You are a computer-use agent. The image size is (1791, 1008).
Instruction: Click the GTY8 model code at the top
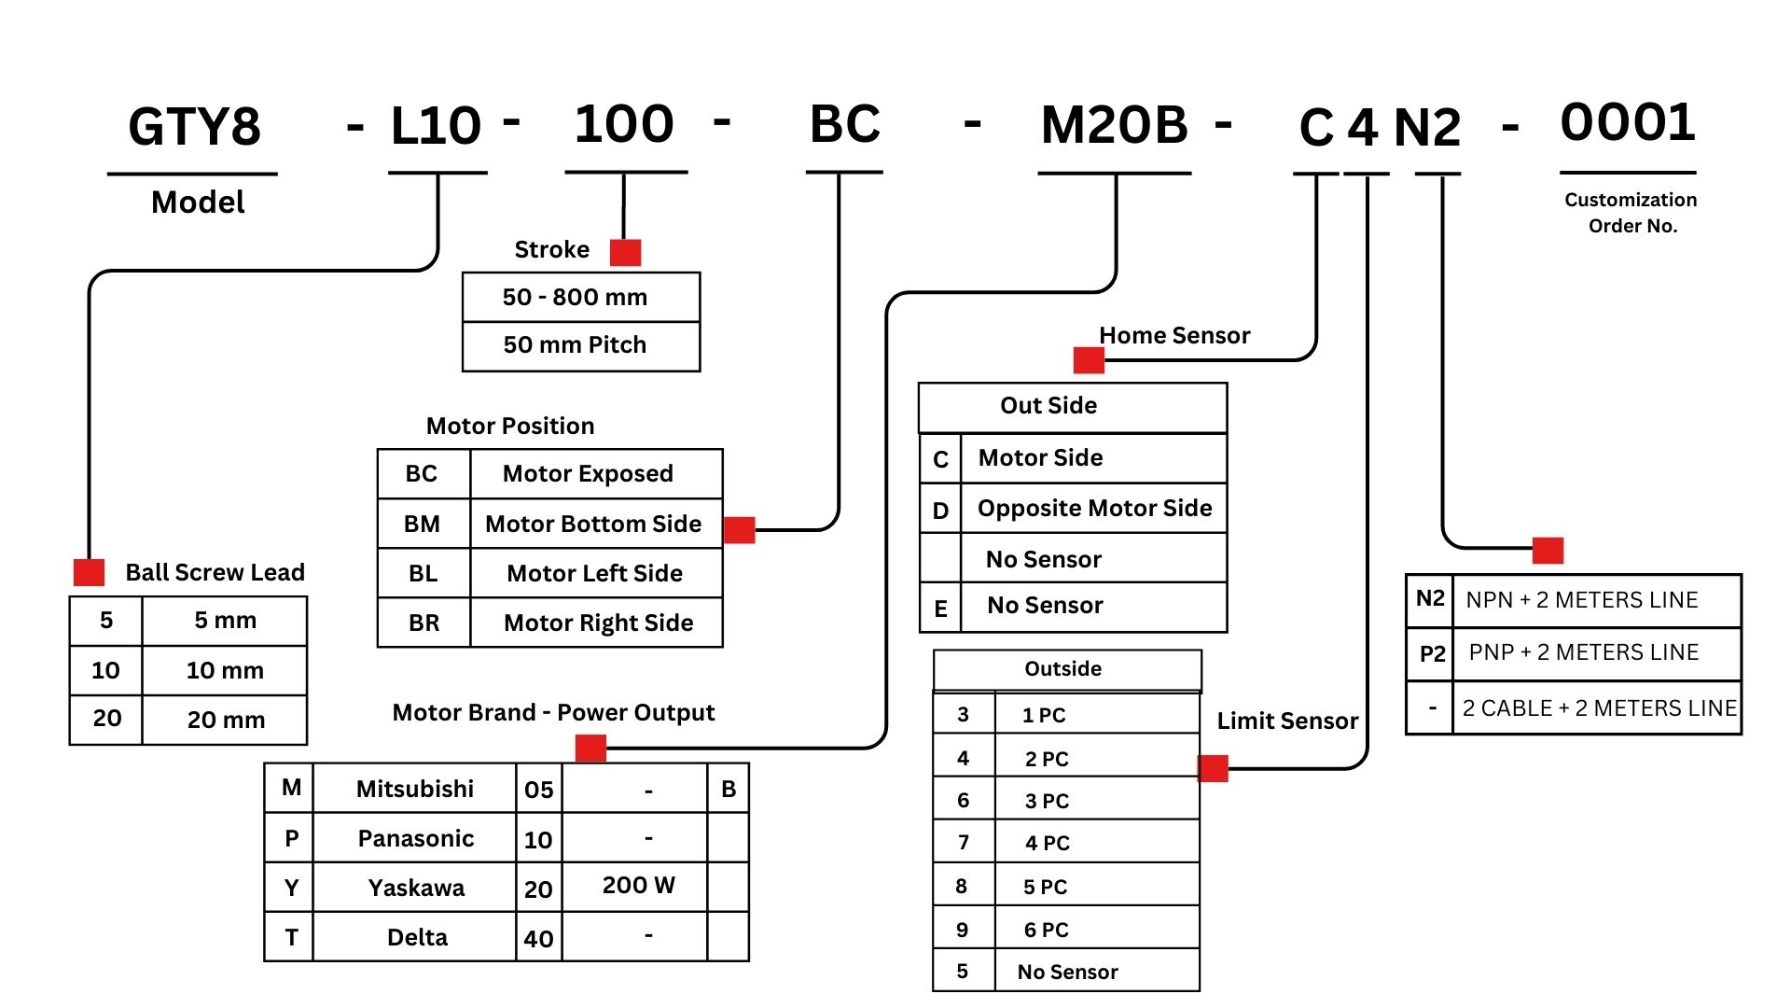[194, 127]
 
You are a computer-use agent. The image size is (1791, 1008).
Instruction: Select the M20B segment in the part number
[1115, 125]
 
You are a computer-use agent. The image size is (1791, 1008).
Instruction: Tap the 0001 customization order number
[1628, 122]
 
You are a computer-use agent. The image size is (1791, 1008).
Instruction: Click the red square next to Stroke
[625, 252]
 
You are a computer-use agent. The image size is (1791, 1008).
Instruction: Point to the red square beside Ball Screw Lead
[89, 572]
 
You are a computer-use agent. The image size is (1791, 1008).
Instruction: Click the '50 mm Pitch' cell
[575, 345]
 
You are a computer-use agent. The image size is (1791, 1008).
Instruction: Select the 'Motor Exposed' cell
[588, 473]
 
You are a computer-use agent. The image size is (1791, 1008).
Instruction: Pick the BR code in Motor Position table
[423, 623]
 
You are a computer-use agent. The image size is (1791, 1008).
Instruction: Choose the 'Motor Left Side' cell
[594, 573]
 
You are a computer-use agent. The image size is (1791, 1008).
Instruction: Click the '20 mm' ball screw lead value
[226, 720]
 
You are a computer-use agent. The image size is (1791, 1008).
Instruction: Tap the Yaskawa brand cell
[416, 888]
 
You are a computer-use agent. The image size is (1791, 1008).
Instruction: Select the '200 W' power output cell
[638, 885]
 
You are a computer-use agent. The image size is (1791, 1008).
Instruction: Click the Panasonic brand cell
[416, 838]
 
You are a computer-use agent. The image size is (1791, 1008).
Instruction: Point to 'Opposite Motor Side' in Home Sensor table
[1094, 508]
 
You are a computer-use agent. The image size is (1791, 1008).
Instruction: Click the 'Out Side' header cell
[1048, 406]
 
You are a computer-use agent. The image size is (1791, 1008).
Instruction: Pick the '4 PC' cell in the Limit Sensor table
[1047, 843]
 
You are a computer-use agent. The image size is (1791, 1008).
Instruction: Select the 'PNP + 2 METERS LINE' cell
[1584, 652]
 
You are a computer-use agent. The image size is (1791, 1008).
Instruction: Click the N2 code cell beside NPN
[1430, 599]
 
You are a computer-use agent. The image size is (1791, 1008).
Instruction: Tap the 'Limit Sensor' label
[1287, 721]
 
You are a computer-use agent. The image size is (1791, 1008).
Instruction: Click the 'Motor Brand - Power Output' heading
[553, 713]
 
